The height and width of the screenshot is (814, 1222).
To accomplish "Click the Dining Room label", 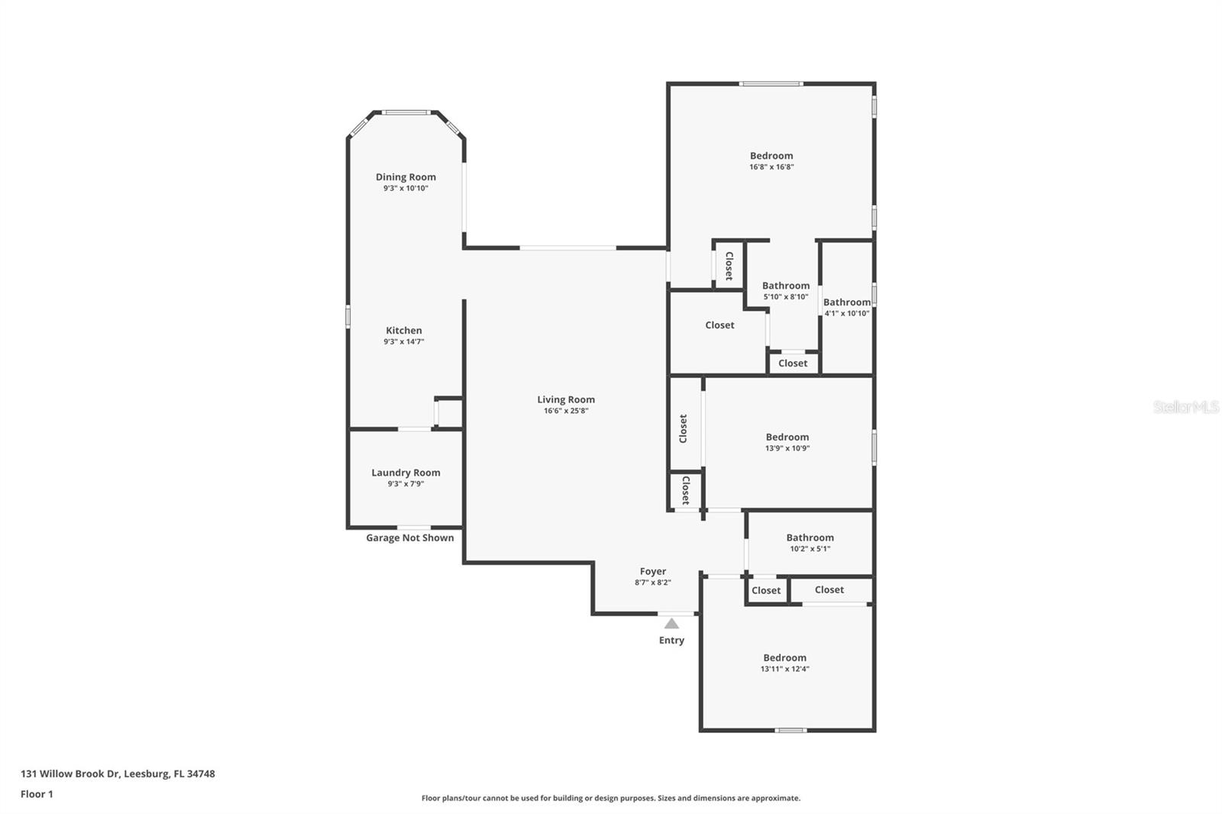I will point(406,177).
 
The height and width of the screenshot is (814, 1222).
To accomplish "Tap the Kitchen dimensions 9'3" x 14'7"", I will point(403,342).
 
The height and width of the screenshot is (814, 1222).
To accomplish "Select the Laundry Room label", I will point(406,473).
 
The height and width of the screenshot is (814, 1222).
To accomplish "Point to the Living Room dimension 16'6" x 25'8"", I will point(566,411).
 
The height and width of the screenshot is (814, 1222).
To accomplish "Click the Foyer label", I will point(652,571).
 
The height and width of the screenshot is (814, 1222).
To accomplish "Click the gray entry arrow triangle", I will point(671,624).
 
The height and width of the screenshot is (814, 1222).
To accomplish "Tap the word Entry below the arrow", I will point(671,641).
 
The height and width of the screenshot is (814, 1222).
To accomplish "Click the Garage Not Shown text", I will point(409,538).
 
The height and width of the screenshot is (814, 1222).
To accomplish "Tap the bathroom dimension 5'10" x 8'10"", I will point(785,297).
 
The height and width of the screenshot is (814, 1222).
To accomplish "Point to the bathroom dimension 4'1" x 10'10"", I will point(846,313).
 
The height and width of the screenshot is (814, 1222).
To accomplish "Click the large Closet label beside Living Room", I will point(719,325).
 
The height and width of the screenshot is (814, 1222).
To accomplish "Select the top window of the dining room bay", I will point(406,113).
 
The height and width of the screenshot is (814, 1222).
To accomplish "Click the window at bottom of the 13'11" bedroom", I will point(790,731).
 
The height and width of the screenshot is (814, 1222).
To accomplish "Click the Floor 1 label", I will point(37,794).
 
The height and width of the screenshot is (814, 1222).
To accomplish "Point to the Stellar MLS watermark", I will point(1185,407).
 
